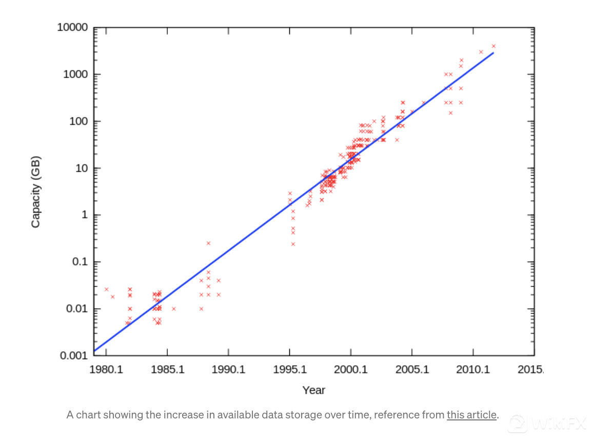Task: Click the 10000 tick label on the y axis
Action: pos(72,27)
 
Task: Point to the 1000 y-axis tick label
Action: pos(75,75)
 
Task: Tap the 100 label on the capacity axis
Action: pos(78,121)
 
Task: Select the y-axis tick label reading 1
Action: pos(84,215)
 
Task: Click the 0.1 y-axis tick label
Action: pos(80,262)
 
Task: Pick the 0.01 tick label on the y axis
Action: pos(77,309)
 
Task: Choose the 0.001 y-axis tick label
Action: pos(74,356)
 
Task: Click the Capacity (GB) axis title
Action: pos(35,191)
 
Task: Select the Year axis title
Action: pos(313,390)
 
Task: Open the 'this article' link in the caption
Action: pos(471,415)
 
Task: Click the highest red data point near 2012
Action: pos(494,46)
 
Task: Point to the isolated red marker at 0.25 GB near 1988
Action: pos(208,243)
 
